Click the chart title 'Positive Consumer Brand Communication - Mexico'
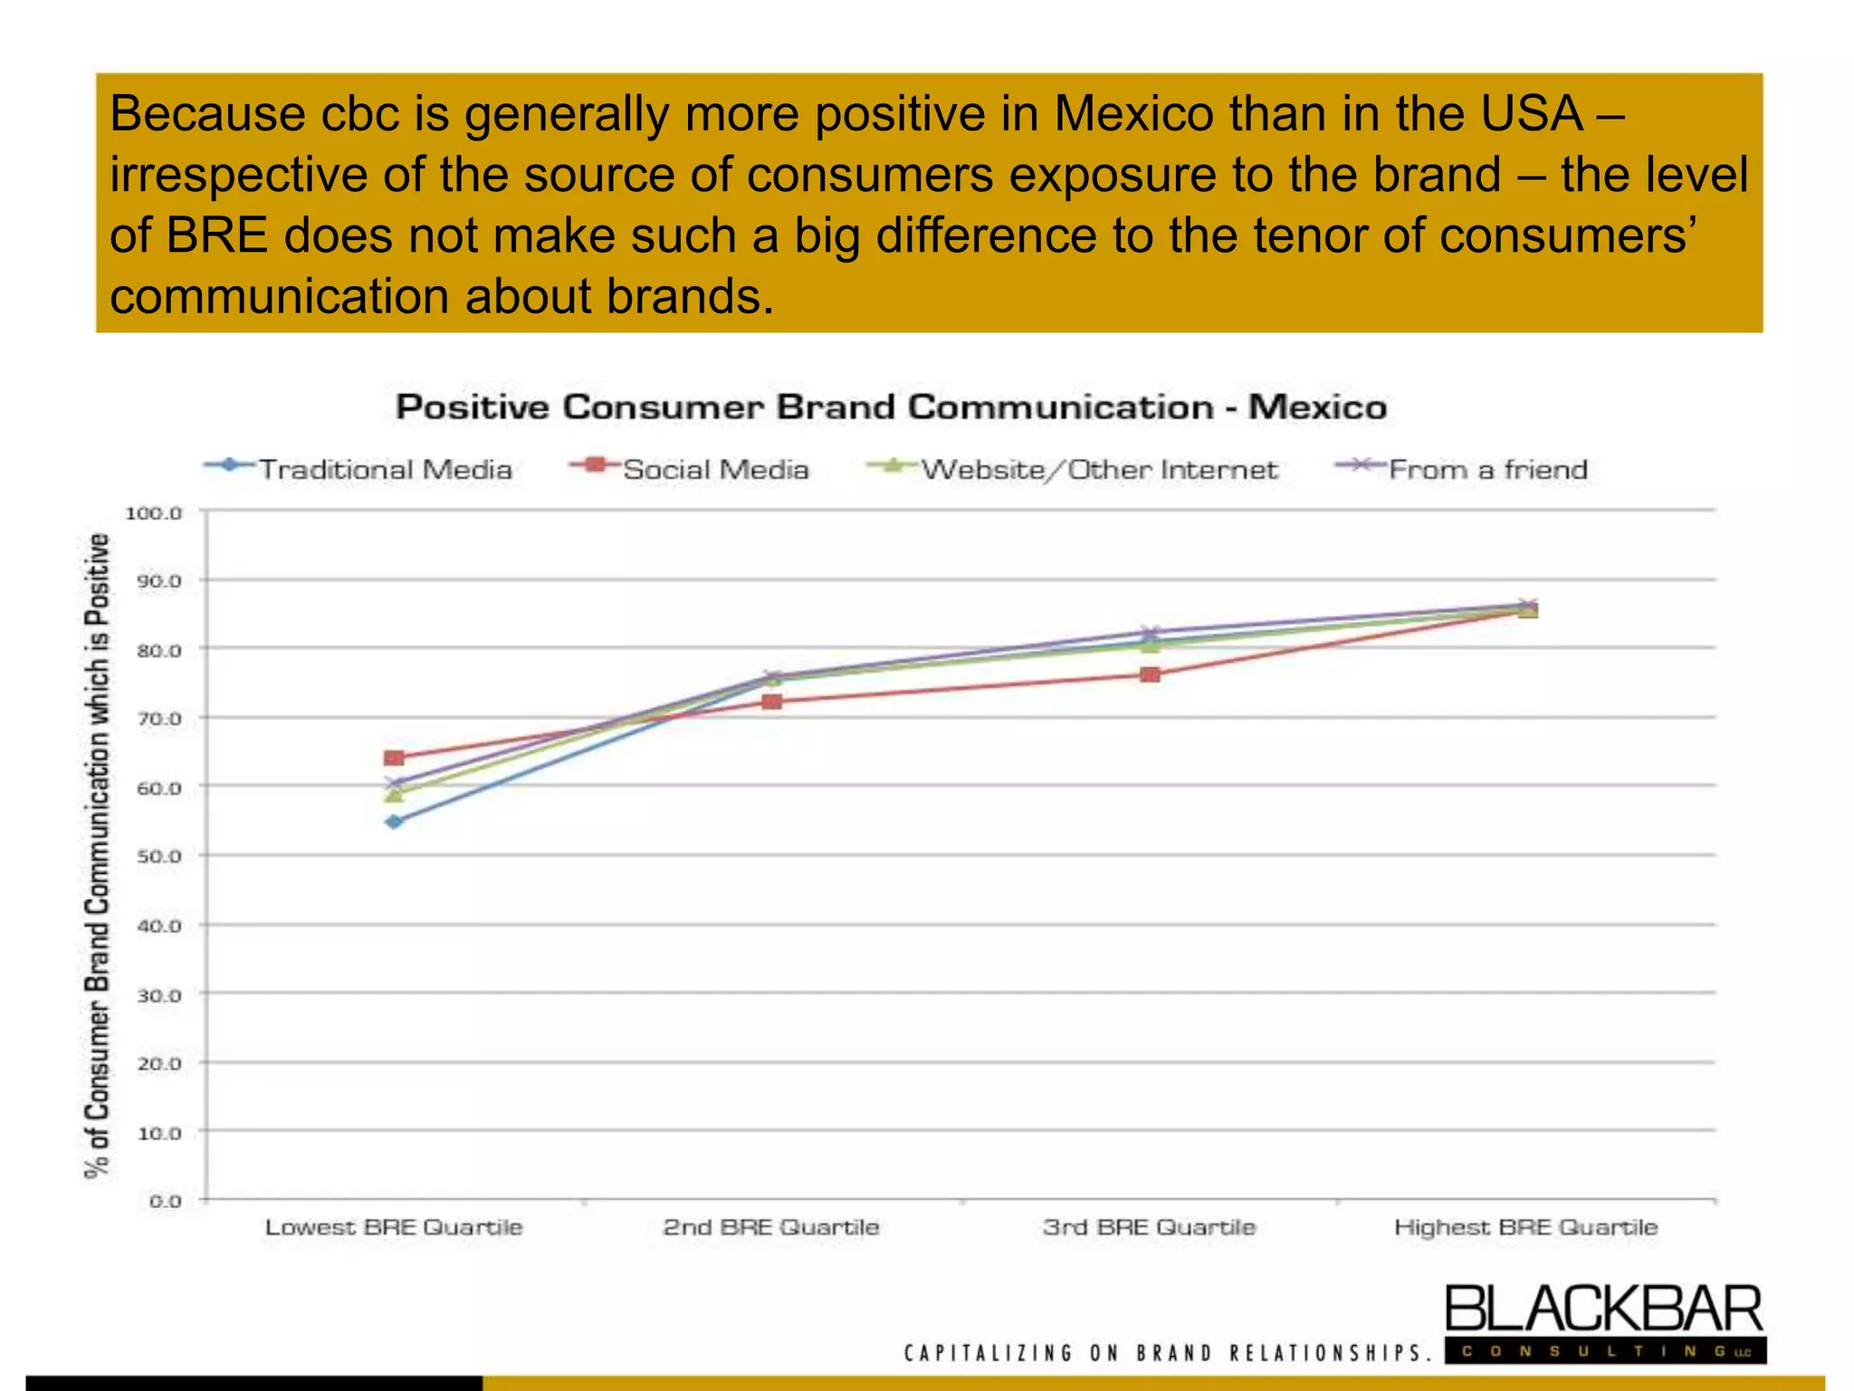pyautogui.click(x=891, y=408)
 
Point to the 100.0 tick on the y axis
pyautogui.click(x=154, y=513)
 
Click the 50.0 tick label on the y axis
pyautogui.click(x=158, y=856)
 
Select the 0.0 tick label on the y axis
pyautogui.click(x=165, y=1202)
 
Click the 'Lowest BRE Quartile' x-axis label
pyautogui.click(x=394, y=1227)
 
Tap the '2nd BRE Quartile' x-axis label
pyautogui.click(x=771, y=1227)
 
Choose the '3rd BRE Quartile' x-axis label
pyautogui.click(x=1149, y=1227)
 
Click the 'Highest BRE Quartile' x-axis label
pyautogui.click(x=1526, y=1227)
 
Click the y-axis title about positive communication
pyautogui.click(x=97, y=856)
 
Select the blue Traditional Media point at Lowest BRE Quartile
pyautogui.click(x=394, y=821)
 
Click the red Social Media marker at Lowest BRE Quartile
pyautogui.click(x=394, y=757)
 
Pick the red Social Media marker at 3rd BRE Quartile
pyautogui.click(x=1150, y=675)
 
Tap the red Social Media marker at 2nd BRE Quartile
pyautogui.click(x=771, y=702)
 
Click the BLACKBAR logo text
pyautogui.click(x=1603, y=1310)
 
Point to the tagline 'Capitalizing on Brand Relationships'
pyautogui.click(x=1168, y=1354)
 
